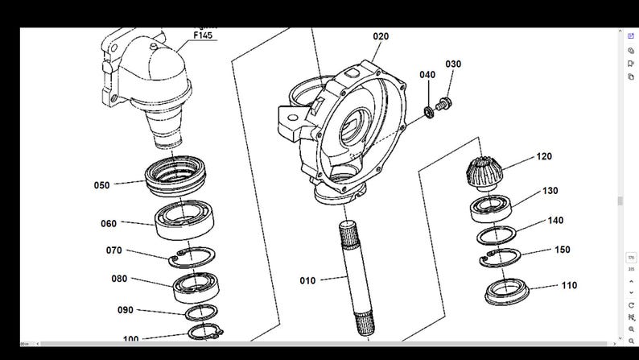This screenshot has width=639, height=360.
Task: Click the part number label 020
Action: pyautogui.click(x=381, y=36)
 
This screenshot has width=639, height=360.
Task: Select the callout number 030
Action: pyautogui.click(x=453, y=64)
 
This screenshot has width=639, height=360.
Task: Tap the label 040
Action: pyautogui.click(x=427, y=75)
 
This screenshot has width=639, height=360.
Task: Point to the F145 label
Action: pyautogui.click(x=204, y=35)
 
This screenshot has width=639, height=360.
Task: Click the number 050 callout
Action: pyautogui.click(x=101, y=185)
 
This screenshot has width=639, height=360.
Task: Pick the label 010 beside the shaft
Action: pyautogui.click(x=307, y=280)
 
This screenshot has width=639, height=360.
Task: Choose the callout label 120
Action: pyautogui.click(x=544, y=156)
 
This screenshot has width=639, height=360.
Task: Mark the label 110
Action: pyautogui.click(x=569, y=285)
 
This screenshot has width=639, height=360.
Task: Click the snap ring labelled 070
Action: pyautogui.click(x=192, y=258)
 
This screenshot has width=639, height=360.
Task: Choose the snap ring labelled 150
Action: pyautogui.click(x=499, y=259)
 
